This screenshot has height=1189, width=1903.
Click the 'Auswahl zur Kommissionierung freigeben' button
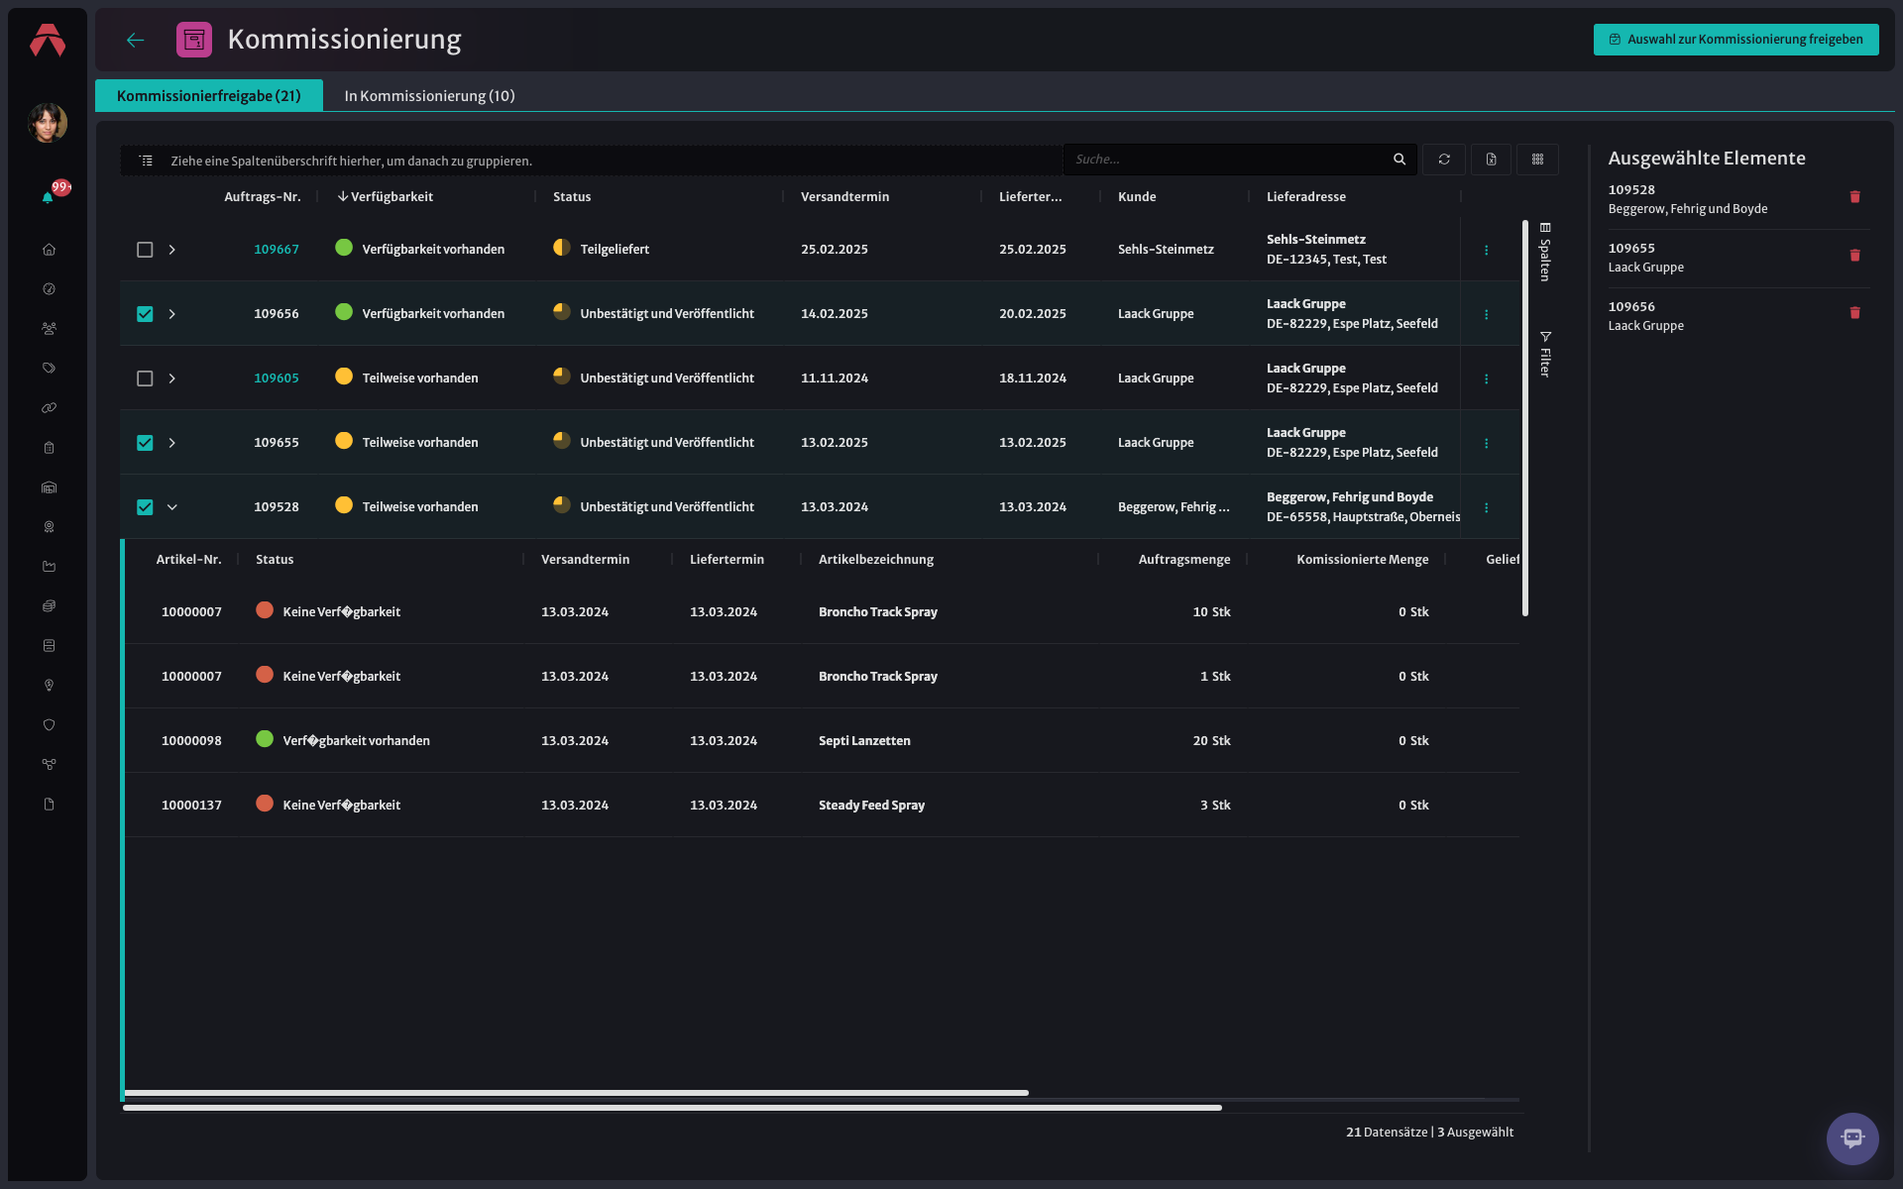(x=1735, y=40)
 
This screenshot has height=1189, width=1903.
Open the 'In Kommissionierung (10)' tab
(x=429, y=96)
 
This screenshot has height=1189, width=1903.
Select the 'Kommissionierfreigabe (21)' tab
(x=209, y=96)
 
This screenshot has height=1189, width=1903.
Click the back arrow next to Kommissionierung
(x=136, y=40)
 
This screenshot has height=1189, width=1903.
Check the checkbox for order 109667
(x=145, y=250)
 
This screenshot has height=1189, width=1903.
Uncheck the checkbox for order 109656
(x=145, y=314)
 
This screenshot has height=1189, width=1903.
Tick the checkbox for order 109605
(x=145, y=378)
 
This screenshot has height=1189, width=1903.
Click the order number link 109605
(x=277, y=378)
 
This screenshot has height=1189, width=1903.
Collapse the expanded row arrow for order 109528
(x=172, y=507)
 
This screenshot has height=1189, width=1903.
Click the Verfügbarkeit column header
(x=392, y=197)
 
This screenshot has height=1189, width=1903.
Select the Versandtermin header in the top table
(x=844, y=197)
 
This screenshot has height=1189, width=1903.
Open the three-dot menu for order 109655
(x=1486, y=443)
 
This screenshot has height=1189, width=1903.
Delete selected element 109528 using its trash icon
(x=1854, y=197)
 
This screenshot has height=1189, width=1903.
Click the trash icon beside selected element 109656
(x=1854, y=313)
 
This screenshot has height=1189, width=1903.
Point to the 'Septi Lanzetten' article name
(x=864, y=741)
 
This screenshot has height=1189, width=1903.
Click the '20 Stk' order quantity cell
(x=1211, y=741)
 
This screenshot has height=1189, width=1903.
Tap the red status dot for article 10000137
(x=265, y=804)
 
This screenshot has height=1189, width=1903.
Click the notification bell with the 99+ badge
(x=48, y=197)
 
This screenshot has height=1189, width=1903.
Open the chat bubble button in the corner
(x=1851, y=1138)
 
